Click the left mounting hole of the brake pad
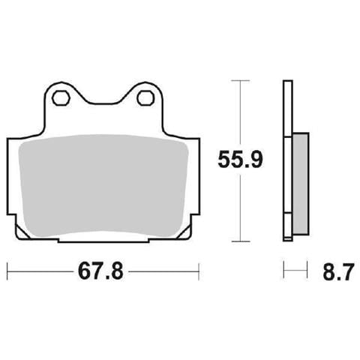61,96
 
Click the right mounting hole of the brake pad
146,96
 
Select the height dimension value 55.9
240,160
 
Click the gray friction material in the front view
103,187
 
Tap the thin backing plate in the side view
286,161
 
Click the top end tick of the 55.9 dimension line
240,79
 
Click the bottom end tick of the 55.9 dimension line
240,241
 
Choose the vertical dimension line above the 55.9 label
240,112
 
